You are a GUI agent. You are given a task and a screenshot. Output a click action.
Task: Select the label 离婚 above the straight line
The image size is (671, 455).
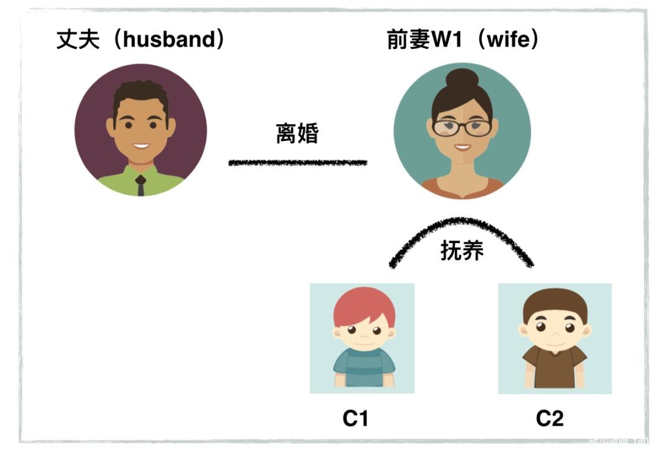297,133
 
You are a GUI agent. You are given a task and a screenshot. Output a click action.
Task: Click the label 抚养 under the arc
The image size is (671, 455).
462,250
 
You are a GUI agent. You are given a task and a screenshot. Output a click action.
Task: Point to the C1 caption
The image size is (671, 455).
355,419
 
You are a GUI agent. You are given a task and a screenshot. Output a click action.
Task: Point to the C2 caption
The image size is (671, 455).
550,419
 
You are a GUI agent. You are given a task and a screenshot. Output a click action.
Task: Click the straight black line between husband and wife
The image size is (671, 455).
298,163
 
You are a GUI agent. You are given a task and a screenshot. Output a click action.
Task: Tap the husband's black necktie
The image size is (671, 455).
141,185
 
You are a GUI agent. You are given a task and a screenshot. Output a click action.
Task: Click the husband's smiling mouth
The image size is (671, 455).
141,147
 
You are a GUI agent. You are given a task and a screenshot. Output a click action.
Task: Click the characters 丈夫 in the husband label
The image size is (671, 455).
75,40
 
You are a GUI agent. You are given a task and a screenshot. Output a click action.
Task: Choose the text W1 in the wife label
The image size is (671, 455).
449,40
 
